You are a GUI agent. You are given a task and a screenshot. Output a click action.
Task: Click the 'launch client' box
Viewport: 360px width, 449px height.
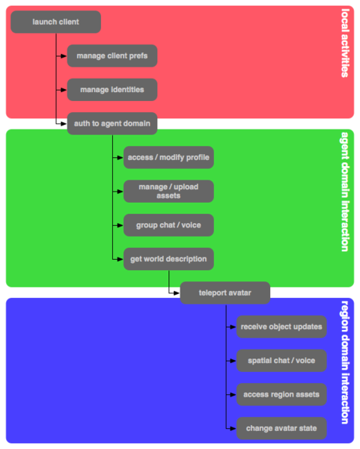[x=55, y=22]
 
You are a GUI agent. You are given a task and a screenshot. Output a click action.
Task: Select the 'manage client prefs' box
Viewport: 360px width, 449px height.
[x=112, y=56]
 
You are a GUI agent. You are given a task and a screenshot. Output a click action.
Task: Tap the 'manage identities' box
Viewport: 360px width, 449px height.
[x=112, y=90]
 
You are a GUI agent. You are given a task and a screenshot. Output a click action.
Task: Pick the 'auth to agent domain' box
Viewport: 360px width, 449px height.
[x=112, y=123]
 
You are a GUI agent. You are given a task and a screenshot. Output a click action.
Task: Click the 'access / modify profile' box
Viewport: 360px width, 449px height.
[x=168, y=158]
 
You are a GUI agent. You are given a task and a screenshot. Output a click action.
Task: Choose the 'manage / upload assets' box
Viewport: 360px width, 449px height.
[x=168, y=191]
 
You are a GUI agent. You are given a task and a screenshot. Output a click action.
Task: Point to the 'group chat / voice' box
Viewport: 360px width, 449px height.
[x=168, y=224]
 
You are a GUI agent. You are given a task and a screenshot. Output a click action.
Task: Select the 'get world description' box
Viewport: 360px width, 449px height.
[x=168, y=259]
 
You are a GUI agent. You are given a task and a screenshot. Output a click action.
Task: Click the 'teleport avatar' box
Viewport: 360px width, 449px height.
[x=225, y=293]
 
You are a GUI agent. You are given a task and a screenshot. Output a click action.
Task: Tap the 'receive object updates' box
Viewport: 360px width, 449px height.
[x=281, y=326]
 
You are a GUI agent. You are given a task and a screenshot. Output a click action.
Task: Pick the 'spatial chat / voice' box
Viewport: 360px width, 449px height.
[x=281, y=361]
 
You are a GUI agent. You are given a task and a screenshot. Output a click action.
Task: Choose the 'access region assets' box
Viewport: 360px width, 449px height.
[x=281, y=394]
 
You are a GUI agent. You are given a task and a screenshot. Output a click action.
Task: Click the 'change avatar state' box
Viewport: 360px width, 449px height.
[x=281, y=429]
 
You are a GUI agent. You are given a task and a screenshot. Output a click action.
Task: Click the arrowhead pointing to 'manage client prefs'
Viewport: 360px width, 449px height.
[x=64, y=56]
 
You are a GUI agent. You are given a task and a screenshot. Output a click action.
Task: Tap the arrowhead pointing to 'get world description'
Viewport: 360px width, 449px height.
[x=120, y=259]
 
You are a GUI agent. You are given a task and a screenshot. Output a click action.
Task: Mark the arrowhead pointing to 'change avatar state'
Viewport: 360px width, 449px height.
[x=234, y=429]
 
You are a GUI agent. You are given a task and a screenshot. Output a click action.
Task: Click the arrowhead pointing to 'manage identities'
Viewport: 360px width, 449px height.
[x=64, y=90]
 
